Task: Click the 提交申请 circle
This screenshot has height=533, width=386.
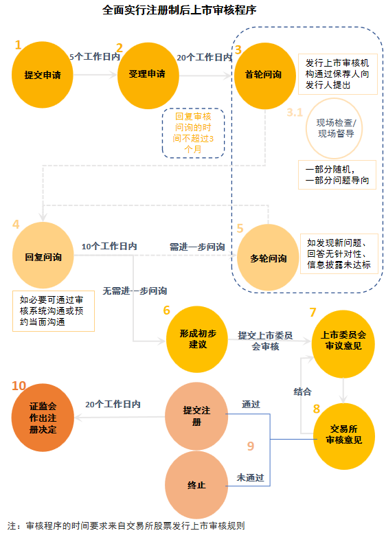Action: click(43, 75)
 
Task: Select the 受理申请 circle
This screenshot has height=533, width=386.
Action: click(148, 74)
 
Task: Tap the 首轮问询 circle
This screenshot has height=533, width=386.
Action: click(264, 74)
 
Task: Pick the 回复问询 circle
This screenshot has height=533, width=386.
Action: click(43, 258)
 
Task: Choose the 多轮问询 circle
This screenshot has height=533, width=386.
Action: click(268, 258)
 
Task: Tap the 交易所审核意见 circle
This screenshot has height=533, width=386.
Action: click(343, 435)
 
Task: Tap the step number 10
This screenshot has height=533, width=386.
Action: click(19, 386)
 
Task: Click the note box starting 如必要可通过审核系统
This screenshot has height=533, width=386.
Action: click(53, 311)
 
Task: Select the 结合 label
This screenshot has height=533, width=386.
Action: click(303, 391)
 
